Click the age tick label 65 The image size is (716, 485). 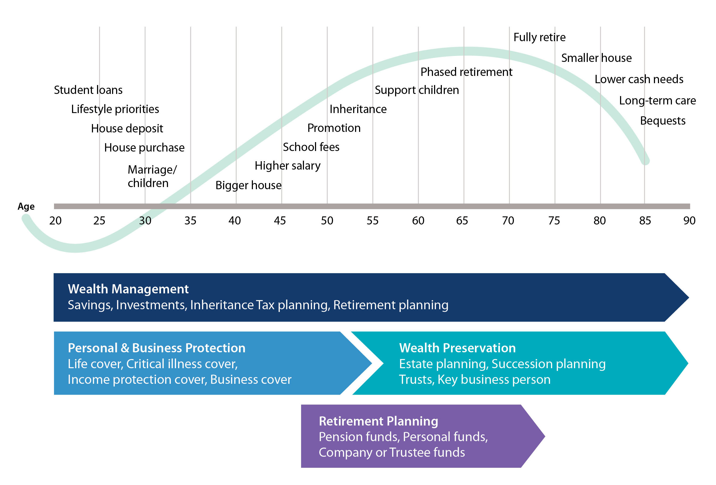462,221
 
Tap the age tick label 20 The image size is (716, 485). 55,221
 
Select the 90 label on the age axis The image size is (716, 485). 689,221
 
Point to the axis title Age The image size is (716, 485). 26,206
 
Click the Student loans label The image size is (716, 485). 88,90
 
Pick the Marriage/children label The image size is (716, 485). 152,176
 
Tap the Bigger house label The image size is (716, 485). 248,185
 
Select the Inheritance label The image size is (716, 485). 358,109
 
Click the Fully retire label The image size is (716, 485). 539,37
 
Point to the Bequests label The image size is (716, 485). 663,121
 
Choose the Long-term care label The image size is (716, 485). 657,101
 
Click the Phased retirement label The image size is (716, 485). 466,72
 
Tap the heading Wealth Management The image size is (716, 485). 128,289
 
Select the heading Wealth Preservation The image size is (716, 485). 457,348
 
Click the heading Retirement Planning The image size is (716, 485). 378,421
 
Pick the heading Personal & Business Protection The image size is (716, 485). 156,348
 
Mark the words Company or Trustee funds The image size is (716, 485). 392,452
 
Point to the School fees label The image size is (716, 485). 311,147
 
